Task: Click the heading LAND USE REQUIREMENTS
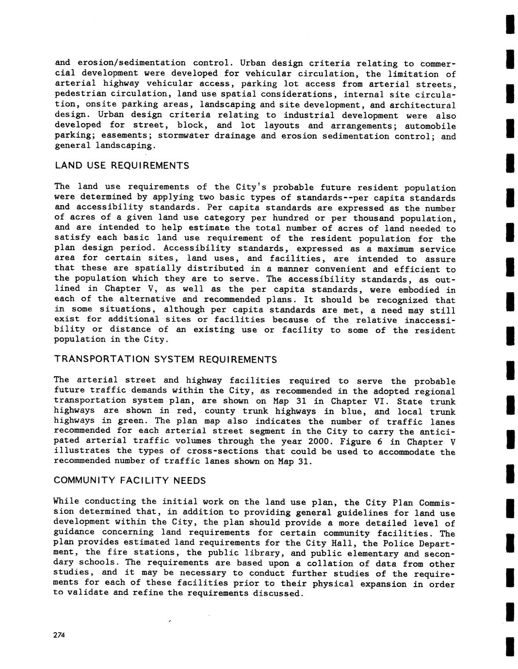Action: (x=122, y=166)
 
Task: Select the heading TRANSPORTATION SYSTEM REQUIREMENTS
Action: (x=165, y=359)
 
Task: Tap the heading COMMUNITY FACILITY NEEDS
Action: (x=130, y=480)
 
